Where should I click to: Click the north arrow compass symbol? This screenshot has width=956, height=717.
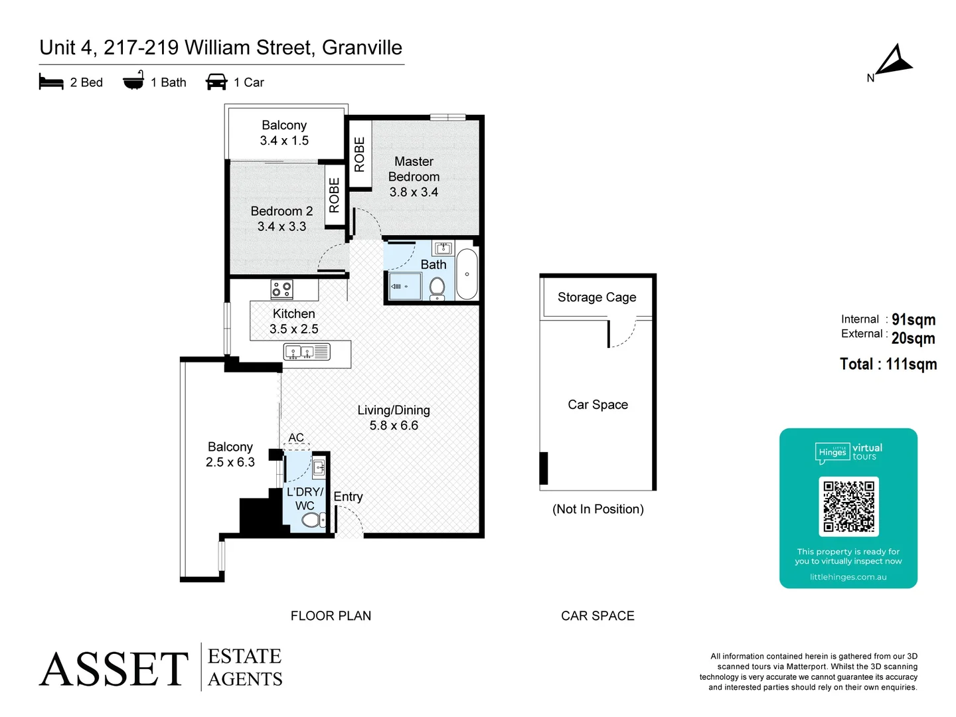click(x=894, y=61)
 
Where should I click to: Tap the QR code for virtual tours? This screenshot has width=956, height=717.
click(x=848, y=507)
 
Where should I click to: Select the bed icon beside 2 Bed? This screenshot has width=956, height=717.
click(x=51, y=82)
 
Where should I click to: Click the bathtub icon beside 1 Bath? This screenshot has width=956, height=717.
click(x=133, y=81)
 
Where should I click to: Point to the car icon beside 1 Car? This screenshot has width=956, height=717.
click(x=216, y=82)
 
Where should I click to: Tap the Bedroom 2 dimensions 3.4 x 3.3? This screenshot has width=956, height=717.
click(x=281, y=226)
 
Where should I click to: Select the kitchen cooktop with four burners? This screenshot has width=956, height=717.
click(x=281, y=289)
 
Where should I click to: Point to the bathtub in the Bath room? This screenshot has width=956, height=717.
click(x=467, y=274)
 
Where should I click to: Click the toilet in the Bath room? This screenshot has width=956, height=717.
click(x=437, y=287)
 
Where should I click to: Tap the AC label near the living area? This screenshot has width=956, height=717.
click(x=296, y=438)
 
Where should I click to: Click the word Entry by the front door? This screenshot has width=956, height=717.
click(x=348, y=497)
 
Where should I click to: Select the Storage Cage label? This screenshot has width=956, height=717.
click(x=597, y=297)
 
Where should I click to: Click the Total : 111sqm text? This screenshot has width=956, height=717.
click(x=888, y=364)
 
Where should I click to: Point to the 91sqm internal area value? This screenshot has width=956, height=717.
click(x=913, y=319)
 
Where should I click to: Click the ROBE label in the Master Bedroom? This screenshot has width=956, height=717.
click(x=359, y=154)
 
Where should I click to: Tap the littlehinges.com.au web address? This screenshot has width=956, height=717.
click(x=848, y=577)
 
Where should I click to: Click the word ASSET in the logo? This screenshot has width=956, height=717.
click(x=114, y=669)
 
